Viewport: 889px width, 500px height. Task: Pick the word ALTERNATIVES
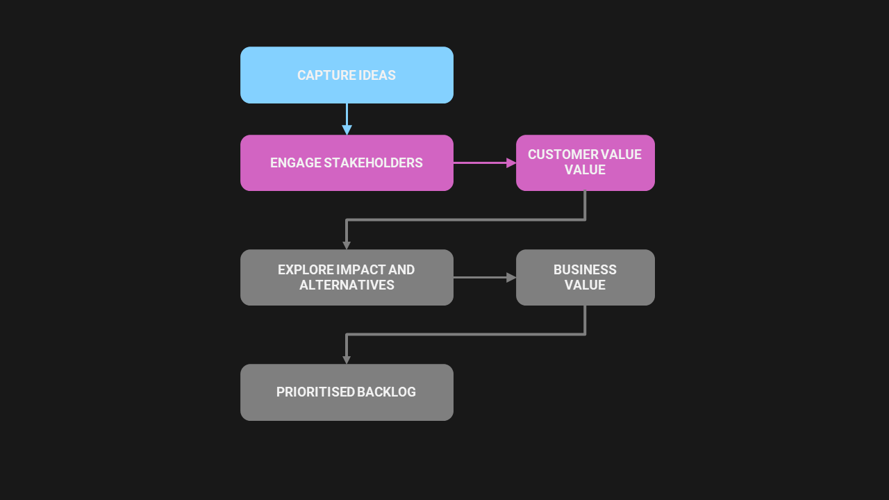pyautogui.click(x=347, y=285)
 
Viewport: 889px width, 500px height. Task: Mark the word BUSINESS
pyautogui.click(x=585, y=269)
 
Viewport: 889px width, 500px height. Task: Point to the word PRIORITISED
pyautogui.click(x=306, y=392)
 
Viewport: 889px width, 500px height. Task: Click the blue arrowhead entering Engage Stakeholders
pyautogui.click(x=347, y=130)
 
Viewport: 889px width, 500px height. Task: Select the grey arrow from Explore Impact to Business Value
pyautogui.click(x=484, y=277)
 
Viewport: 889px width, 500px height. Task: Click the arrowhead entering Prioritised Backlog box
pyautogui.click(x=347, y=360)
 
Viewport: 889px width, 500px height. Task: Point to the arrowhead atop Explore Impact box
pyautogui.click(x=347, y=245)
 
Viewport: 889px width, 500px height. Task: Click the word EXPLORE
pyautogui.click(x=305, y=269)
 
